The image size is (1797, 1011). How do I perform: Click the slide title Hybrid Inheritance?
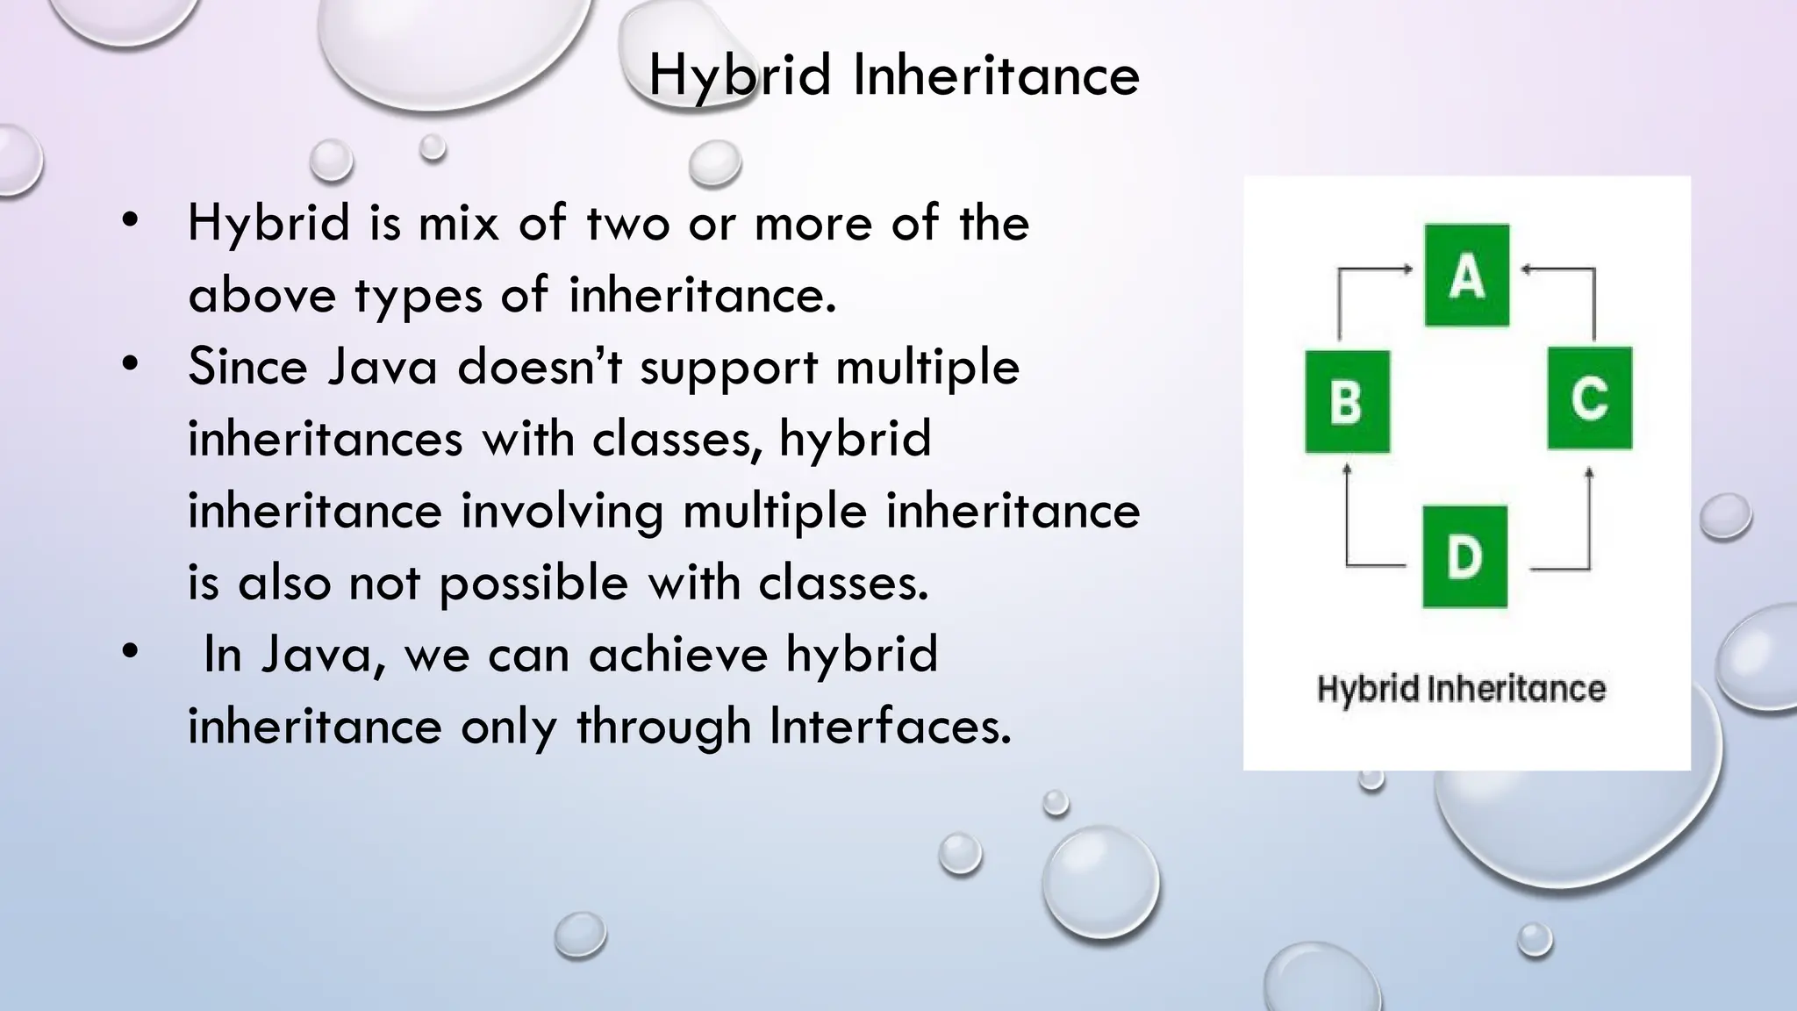click(893, 75)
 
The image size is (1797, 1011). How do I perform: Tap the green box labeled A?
click(1466, 276)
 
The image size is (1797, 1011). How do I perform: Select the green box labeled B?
click(1347, 402)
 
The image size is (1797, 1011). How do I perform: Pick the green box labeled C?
click(1589, 398)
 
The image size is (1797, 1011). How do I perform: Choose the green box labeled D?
click(1464, 556)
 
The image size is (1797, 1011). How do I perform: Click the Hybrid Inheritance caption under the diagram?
click(1461, 689)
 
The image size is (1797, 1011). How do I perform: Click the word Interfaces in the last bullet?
click(890, 727)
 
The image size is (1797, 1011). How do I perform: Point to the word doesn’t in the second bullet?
click(540, 367)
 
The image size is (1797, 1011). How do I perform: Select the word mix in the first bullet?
click(459, 223)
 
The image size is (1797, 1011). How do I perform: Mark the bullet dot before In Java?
click(131, 652)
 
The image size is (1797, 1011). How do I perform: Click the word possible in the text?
click(533, 583)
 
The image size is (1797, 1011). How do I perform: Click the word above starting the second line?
click(261, 295)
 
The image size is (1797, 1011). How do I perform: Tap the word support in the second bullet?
click(728, 367)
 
